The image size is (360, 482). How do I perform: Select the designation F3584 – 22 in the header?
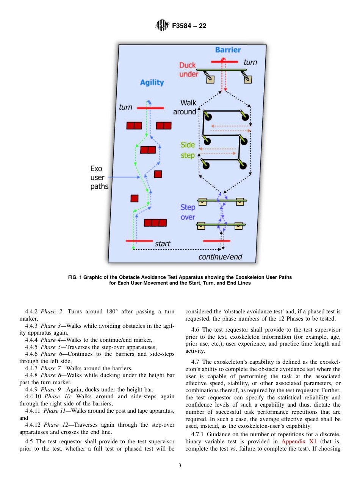point(189,26)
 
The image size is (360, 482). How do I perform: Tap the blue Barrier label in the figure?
point(228,50)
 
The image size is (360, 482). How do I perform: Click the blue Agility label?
point(152,82)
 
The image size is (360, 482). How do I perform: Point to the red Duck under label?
point(188,70)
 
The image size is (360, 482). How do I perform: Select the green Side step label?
point(188,150)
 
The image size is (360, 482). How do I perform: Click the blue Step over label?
point(188,212)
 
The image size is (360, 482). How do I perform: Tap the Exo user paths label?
point(99,177)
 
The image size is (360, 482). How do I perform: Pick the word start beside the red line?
point(162,244)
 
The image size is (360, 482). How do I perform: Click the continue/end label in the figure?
point(220,257)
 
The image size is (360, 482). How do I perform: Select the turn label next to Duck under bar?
point(250,62)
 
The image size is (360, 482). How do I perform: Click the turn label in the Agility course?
point(125,107)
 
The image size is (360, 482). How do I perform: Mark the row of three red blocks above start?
point(155,223)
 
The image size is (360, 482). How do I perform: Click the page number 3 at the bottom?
point(180,466)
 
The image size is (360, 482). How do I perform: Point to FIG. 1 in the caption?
point(77,277)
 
